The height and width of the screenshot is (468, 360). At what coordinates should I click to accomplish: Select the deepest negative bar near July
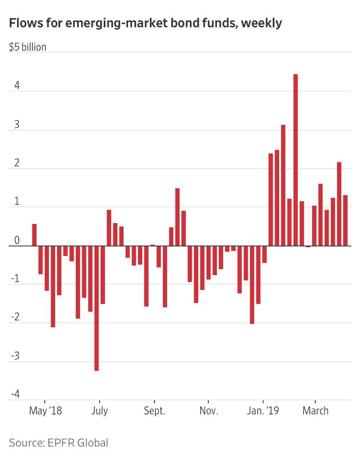click(96, 308)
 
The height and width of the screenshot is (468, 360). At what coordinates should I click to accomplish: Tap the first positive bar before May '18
click(34, 235)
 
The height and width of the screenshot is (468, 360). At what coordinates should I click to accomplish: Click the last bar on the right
click(345, 220)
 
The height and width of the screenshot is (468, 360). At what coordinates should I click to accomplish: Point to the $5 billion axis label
click(27, 47)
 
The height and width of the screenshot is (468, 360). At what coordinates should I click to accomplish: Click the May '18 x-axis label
click(45, 410)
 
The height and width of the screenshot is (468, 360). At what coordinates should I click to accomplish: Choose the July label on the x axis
click(99, 410)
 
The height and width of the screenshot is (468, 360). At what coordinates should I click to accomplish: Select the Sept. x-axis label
click(154, 410)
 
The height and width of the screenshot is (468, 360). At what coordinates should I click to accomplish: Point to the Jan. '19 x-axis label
click(263, 410)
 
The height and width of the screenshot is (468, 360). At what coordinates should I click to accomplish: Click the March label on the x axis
click(315, 410)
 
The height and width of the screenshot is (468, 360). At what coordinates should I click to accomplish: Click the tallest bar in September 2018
click(177, 217)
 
